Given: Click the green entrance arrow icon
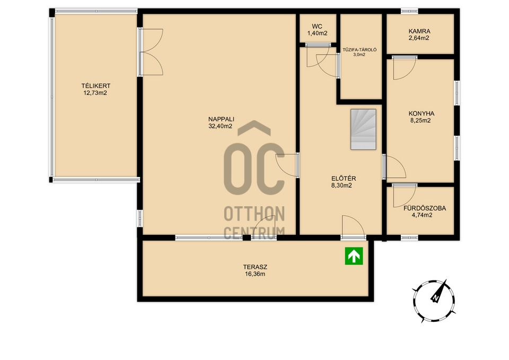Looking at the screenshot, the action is pyautogui.click(x=354, y=256).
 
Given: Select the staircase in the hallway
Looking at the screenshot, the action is pyautogui.click(x=363, y=129).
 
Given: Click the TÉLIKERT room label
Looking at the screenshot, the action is pyautogui.click(x=96, y=86).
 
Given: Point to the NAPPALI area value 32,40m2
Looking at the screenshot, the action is pyautogui.click(x=221, y=126).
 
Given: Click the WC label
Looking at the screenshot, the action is pyautogui.click(x=317, y=27).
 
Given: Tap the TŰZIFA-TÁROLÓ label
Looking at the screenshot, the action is pyautogui.click(x=359, y=50).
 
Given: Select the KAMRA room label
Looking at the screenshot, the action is pyautogui.click(x=419, y=31).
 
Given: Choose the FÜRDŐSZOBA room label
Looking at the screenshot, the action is pyautogui.click(x=425, y=208).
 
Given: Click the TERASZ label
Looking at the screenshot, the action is pyautogui.click(x=255, y=267).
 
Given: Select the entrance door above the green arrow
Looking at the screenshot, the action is pyautogui.click(x=353, y=227).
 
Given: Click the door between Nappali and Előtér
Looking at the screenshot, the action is pyautogui.click(x=287, y=165).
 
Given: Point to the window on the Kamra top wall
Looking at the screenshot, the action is pyautogui.click(x=409, y=11).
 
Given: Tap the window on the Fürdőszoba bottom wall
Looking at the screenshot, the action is pyautogui.click(x=409, y=238).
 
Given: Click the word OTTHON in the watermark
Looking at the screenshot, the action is pyautogui.click(x=254, y=214).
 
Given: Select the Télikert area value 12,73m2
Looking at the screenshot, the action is pyautogui.click(x=95, y=93).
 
